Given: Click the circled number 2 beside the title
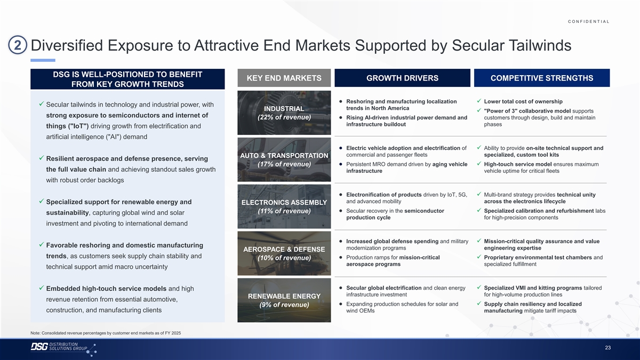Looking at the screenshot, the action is (18, 45).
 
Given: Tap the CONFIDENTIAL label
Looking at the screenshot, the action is (589, 21).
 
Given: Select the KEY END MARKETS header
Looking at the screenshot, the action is (284, 78).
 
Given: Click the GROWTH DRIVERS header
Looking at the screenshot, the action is (402, 78).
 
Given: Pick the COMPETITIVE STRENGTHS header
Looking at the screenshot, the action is (542, 78).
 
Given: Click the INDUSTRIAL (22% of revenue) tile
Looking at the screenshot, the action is (284, 113).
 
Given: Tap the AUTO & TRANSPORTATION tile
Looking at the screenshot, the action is (284, 159).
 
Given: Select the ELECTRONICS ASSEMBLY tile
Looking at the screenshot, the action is (284, 206).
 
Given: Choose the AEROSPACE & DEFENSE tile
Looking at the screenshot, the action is (284, 253).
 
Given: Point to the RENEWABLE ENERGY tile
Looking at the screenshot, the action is (284, 300).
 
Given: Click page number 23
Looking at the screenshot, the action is (607, 348).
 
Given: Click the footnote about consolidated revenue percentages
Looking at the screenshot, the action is (106, 333).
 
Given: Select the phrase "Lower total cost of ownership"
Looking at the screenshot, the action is (523, 101).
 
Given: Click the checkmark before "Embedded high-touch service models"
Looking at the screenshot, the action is (42, 287).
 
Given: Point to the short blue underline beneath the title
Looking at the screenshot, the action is (43, 60).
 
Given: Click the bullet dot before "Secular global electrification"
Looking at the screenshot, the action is (341, 287).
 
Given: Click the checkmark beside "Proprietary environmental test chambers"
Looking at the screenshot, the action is (479, 257).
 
